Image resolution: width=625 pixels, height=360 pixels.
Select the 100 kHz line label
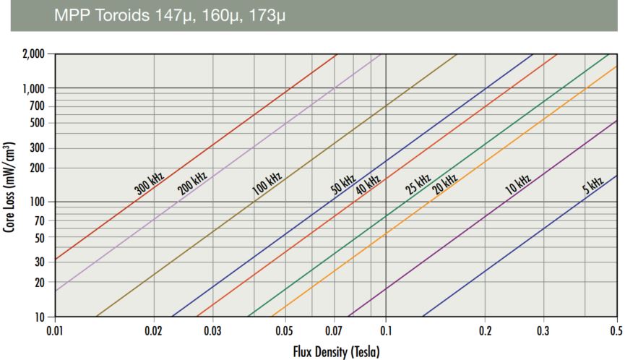pos(267,183)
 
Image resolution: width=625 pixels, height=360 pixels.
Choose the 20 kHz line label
pos(444,182)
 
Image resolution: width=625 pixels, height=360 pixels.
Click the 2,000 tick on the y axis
pos(32,54)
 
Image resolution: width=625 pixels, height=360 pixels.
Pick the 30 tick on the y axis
pos(40,262)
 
